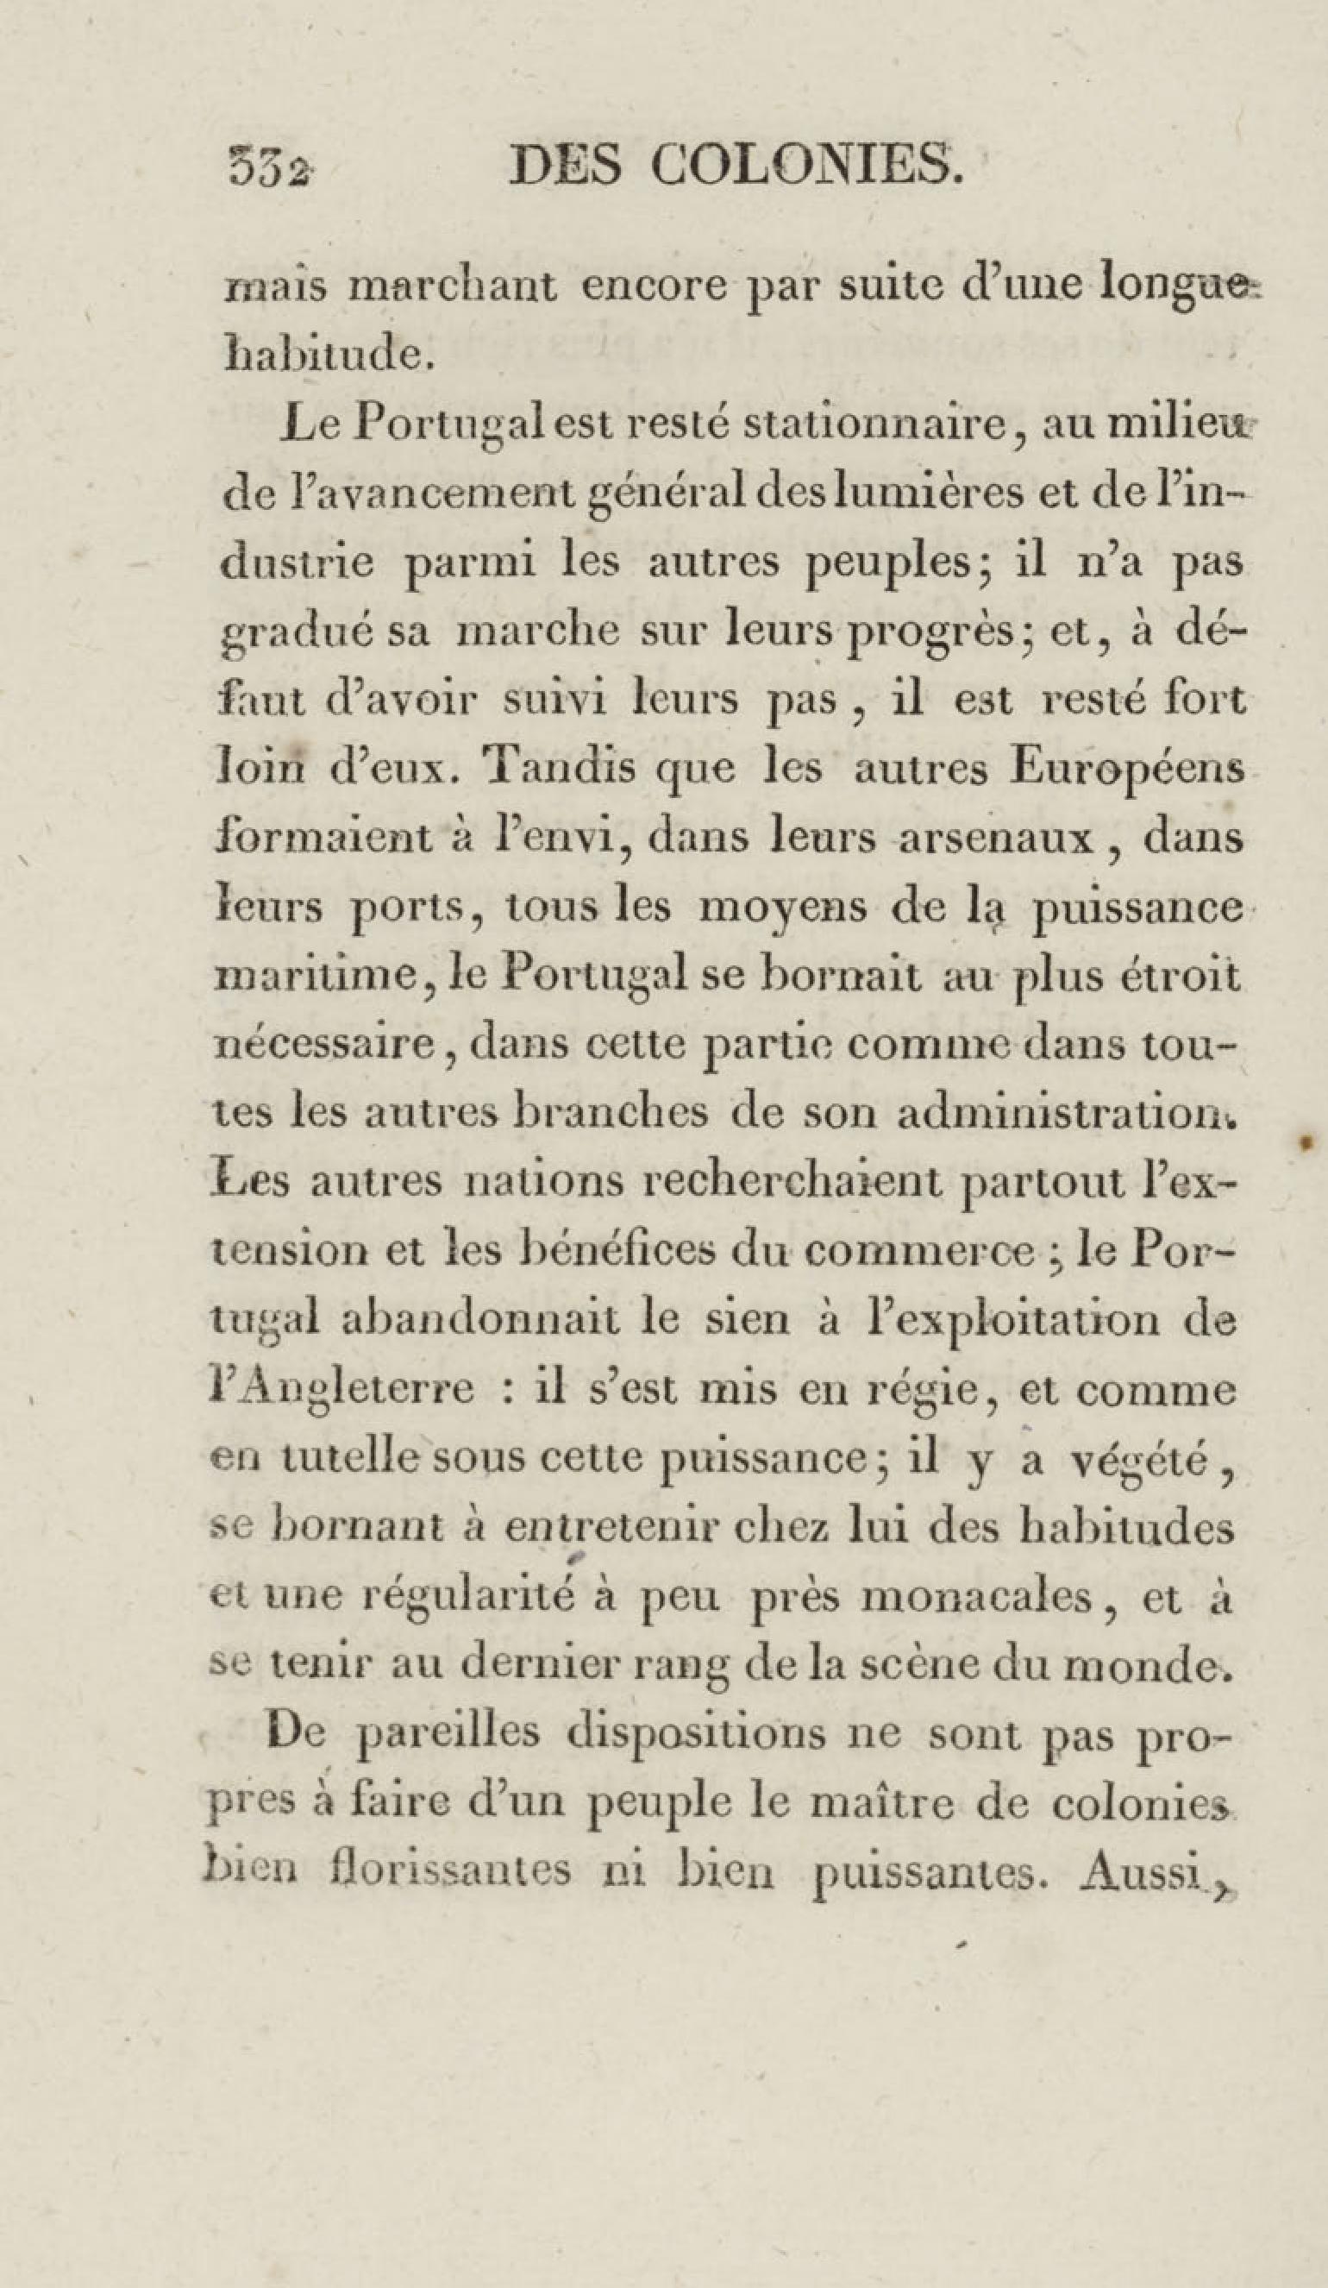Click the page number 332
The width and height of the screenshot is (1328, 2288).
pyautogui.click(x=268, y=168)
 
